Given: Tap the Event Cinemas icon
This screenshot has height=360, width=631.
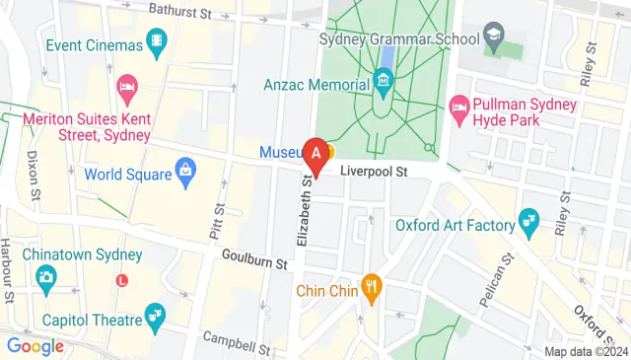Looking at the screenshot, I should [x=157, y=39].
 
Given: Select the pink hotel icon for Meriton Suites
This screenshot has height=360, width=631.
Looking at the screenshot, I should [x=125, y=88].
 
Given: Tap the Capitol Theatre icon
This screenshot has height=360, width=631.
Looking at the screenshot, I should [x=155, y=316].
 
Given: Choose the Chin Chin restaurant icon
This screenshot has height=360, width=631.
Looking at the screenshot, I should [x=372, y=290].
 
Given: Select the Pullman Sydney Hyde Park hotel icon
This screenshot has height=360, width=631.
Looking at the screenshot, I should [x=458, y=106].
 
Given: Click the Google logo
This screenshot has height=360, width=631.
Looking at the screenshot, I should [x=35, y=346].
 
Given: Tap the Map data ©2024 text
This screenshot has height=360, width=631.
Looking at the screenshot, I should [x=585, y=351].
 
